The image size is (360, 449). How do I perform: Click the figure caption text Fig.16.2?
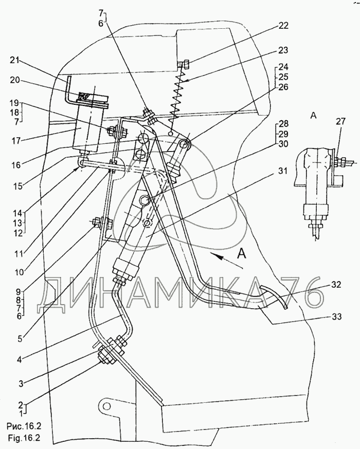(23, 438)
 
